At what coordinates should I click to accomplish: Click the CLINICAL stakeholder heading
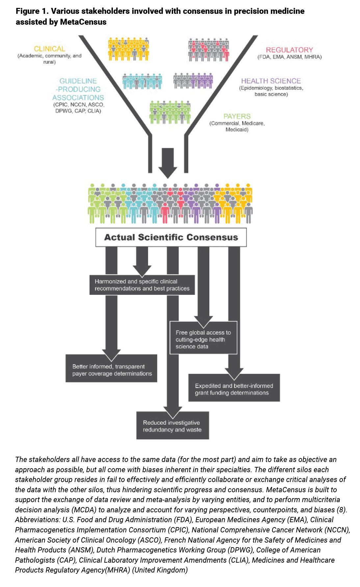49,49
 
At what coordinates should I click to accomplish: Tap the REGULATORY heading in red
289,50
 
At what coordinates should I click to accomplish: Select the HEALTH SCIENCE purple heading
271,81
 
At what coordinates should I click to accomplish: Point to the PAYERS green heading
237,116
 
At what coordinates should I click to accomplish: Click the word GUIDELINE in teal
78,81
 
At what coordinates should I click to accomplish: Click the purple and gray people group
193,81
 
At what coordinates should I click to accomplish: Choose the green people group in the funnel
170,112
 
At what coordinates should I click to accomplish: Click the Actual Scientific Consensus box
171,237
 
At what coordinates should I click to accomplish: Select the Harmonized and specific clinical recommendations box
142,285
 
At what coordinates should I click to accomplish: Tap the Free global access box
203,339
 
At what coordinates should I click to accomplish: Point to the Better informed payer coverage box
111,370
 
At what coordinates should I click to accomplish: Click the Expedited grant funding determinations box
234,389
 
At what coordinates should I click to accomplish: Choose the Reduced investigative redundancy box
172,426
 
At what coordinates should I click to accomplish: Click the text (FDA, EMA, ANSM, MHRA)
289,57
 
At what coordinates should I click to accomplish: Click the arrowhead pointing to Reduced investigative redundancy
173,413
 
